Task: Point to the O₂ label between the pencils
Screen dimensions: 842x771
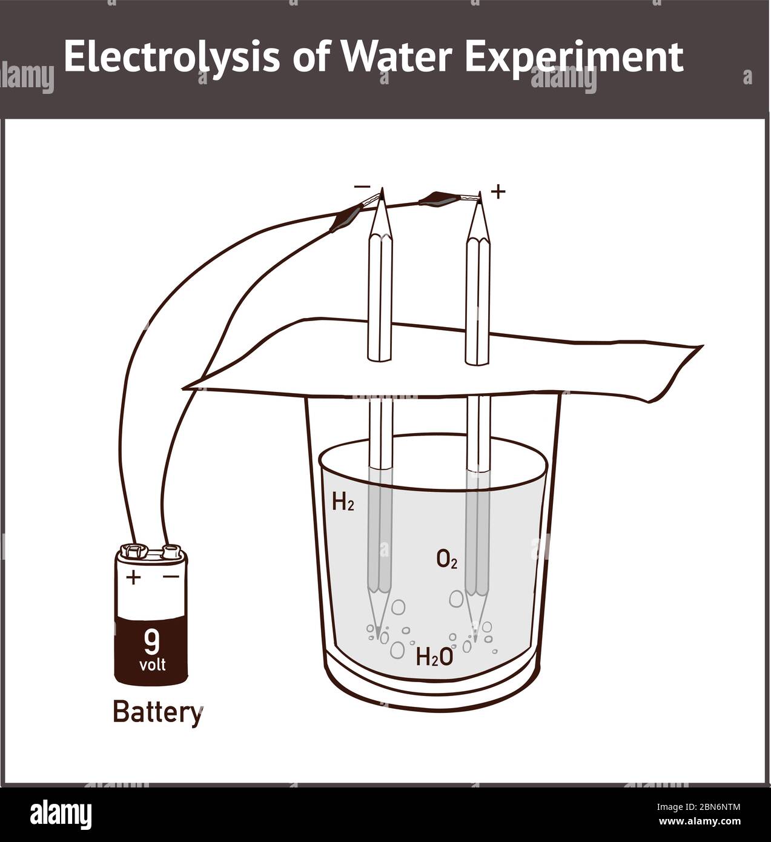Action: coord(447,559)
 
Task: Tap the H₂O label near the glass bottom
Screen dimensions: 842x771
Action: coord(434,657)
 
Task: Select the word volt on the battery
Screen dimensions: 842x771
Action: coord(152,665)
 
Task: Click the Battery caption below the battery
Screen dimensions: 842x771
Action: coord(157,712)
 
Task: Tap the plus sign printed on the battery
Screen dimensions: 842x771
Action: coord(133,577)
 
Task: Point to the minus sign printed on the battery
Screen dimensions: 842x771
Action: coord(171,577)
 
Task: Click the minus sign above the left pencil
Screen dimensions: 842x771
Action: coord(362,187)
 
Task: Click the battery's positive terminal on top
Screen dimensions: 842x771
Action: coord(135,551)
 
